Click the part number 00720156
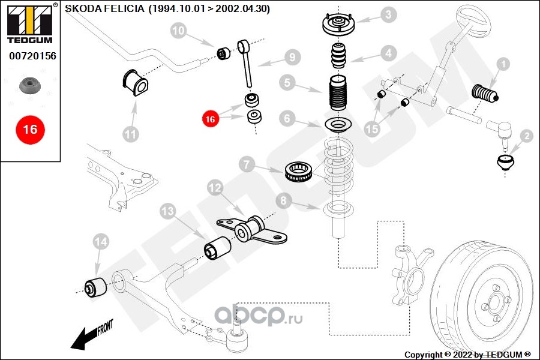point(32,56)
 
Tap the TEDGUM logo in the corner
point(31,23)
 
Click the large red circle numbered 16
point(31,130)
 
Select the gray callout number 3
point(388,14)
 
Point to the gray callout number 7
point(247,164)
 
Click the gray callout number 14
point(101,242)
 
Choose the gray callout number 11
point(131,134)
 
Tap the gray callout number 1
point(503,64)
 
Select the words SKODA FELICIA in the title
point(104,8)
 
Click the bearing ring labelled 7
point(299,171)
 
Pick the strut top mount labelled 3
point(338,23)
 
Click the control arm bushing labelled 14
point(96,287)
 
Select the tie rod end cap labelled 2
point(505,163)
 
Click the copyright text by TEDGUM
point(467,355)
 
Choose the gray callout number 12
point(215,188)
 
